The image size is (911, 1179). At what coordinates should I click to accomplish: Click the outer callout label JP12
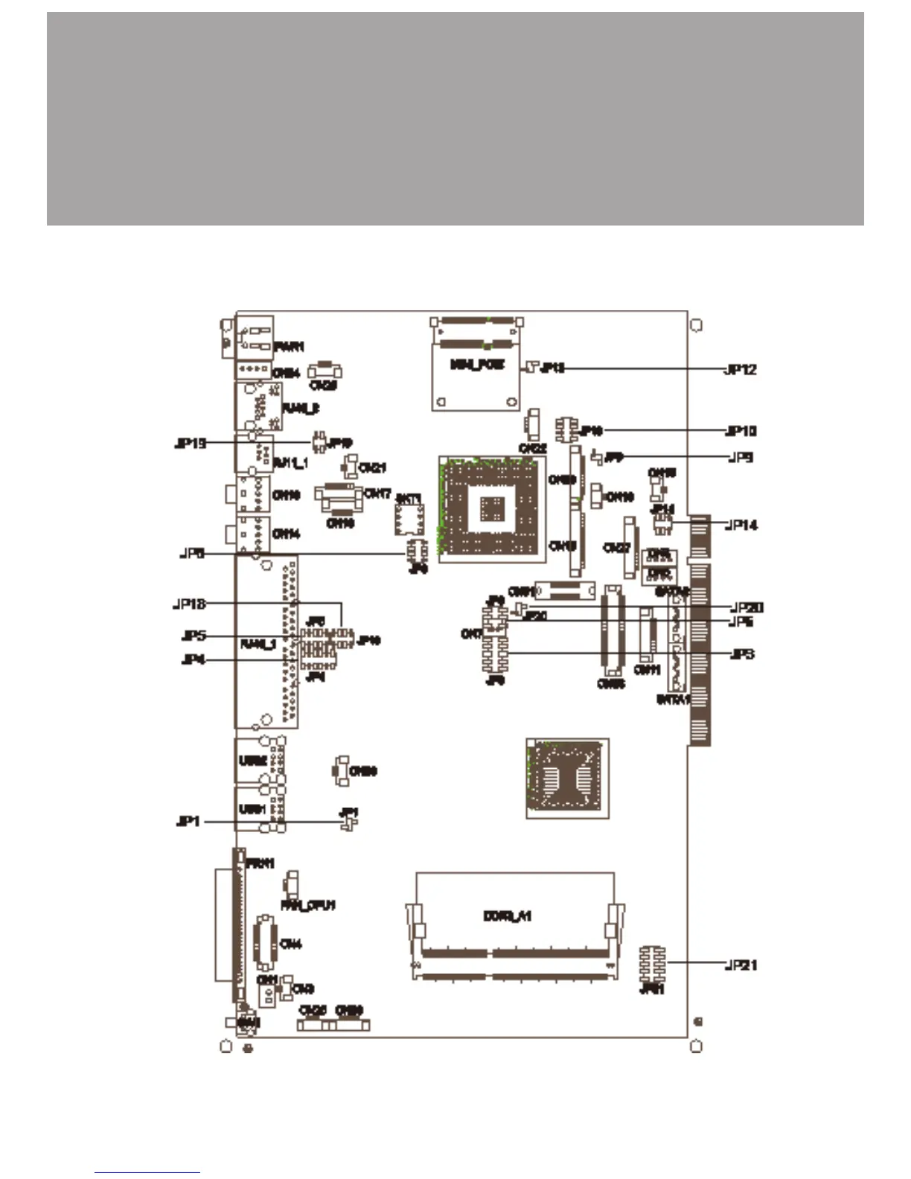[741, 370]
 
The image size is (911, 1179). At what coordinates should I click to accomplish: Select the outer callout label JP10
[741, 431]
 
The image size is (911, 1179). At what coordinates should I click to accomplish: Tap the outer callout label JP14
[741, 525]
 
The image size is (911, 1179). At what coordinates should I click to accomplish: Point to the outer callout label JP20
[747, 608]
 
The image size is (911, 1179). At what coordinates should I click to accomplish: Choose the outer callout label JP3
[742, 654]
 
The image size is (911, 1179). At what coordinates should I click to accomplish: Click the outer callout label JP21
[741, 965]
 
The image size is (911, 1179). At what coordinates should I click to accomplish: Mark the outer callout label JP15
[190, 444]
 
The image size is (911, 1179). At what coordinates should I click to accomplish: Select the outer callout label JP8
[192, 554]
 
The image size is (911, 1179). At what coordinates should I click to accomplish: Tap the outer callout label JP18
[189, 604]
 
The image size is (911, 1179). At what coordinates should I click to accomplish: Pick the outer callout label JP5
[194, 636]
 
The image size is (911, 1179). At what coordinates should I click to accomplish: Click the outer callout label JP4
[194, 660]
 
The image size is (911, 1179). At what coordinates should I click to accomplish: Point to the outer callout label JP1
[188, 822]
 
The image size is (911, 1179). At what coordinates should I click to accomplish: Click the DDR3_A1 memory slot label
[507, 916]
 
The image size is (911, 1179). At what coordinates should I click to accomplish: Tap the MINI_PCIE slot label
[478, 365]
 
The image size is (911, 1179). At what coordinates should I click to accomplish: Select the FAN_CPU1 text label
[307, 905]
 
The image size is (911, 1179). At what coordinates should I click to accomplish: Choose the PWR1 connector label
[289, 347]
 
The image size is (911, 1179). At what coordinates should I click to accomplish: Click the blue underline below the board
[147, 1173]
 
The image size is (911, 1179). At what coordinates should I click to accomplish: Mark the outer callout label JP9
[741, 457]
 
